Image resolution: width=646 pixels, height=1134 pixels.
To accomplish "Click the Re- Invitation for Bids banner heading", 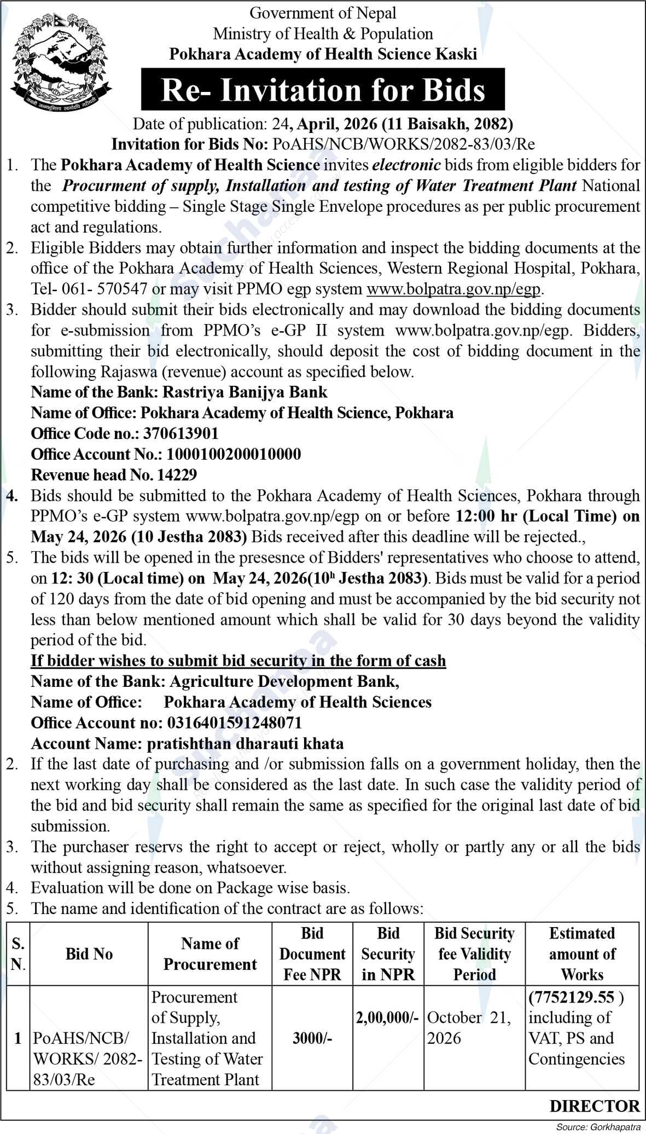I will click(x=323, y=90).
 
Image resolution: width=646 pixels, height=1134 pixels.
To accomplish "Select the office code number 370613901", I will click(x=181, y=434).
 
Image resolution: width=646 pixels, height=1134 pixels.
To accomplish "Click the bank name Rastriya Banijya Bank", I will click(x=248, y=392).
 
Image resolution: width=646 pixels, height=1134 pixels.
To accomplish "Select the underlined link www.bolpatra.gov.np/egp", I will click(x=453, y=289).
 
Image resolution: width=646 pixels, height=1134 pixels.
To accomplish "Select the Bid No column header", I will click(x=89, y=954).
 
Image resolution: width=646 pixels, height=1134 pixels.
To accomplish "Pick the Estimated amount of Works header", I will click(x=582, y=954).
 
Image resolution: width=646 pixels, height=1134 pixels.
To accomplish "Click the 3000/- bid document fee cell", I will click(x=312, y=1038).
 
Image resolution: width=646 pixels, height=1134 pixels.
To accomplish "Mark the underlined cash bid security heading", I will click(x=238, y=661).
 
